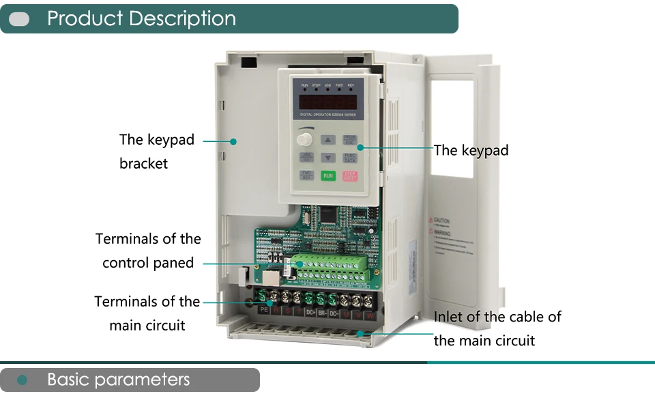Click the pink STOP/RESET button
coord(350,175)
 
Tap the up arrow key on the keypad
coord(327,140)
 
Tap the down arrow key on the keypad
coord(327,158)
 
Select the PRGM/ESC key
coord(350,139)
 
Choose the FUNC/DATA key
coord(350,158)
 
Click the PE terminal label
coord(265,311)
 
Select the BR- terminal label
coord(322,313)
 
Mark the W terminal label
coord(370,315)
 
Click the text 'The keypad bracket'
coord(156,151)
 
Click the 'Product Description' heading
coord(141,18)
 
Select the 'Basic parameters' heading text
coord(118,380)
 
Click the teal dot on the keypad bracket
coord(233,141)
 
